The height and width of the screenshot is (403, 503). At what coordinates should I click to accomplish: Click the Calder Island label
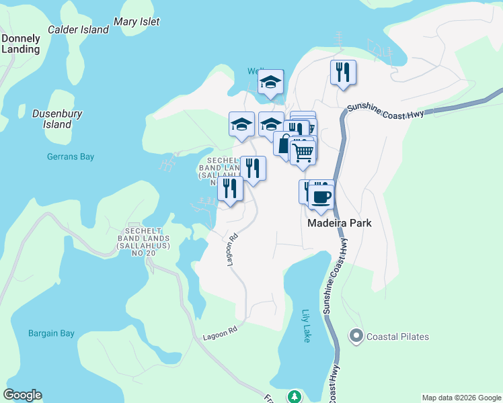point(78,30)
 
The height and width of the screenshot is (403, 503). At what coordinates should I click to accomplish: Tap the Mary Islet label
point(137,21)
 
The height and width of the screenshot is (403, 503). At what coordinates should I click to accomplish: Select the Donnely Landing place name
point(21,43)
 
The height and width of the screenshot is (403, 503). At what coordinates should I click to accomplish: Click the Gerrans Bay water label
point(71,156)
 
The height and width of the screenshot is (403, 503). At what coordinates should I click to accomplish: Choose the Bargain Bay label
point(51,333)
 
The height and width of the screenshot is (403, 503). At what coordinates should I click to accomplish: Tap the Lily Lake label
point(306,326)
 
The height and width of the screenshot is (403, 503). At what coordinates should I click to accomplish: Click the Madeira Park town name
point(340,223)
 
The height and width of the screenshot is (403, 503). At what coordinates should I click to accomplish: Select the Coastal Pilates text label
point(397,337)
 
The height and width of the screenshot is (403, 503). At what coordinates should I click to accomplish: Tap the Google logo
point(22,395)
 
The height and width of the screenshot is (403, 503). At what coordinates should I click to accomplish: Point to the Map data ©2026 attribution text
point(461,398)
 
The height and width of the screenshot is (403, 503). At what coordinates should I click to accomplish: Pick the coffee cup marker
point(321,196)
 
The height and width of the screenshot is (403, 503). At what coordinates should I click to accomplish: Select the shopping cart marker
point(303,152)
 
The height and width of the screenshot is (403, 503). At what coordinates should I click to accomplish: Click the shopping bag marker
point(284,143)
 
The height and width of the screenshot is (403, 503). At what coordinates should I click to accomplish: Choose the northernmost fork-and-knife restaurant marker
point(343,72)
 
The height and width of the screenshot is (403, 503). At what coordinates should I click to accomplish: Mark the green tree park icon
point(294,396)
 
